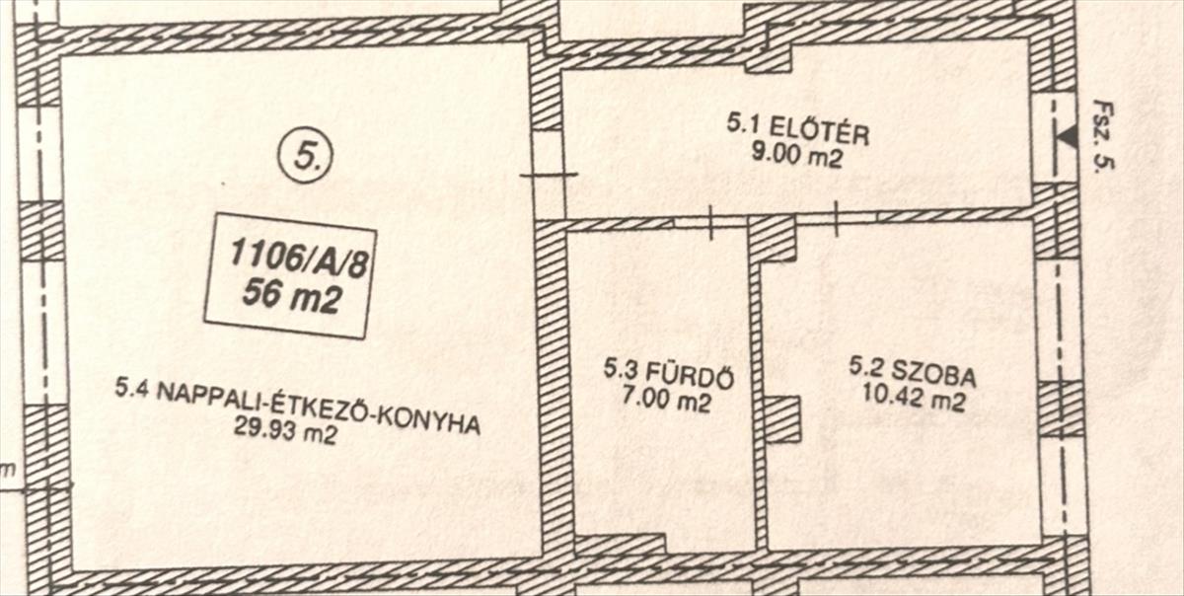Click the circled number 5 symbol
pyautogui.click(x=306, y=157)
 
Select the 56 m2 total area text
pyautogui.click(x=290, y=297)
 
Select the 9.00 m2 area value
pyautogui.click(x=797, y=155)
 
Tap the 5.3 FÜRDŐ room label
pyautogui.click(x=669, y=375)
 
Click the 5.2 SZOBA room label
pyautogui.click(x=913, y=375)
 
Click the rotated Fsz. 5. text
pyautogui.click(x=1103, y=136)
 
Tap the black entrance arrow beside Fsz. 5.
pyautogui.click(x=1065, y=138)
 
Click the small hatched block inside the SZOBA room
pyautogui.click(x=782, y=418)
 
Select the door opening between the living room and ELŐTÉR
pyautogui.click(x=548, y=175)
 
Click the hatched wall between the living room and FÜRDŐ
pyautogui.click(x=553, y=395)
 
